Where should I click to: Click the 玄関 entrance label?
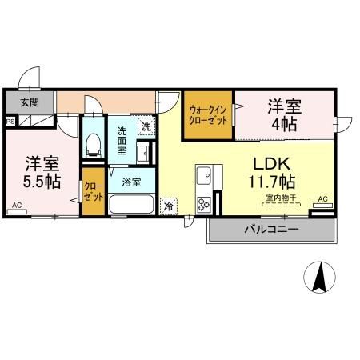coord(29,102)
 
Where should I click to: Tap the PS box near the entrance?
coord(10,122)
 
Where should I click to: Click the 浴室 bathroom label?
coord(132,182)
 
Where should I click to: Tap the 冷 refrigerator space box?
coord(168,205)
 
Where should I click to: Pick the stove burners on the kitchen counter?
coord(203,202)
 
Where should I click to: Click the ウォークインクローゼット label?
coord(208,114)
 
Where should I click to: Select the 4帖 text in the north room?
coord(286,124)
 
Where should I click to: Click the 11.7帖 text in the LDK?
coord(270,180)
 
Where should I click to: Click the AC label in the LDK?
coord(322,198)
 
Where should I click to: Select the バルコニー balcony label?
coord(271,230)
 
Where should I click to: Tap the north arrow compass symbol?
coord(319,277)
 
